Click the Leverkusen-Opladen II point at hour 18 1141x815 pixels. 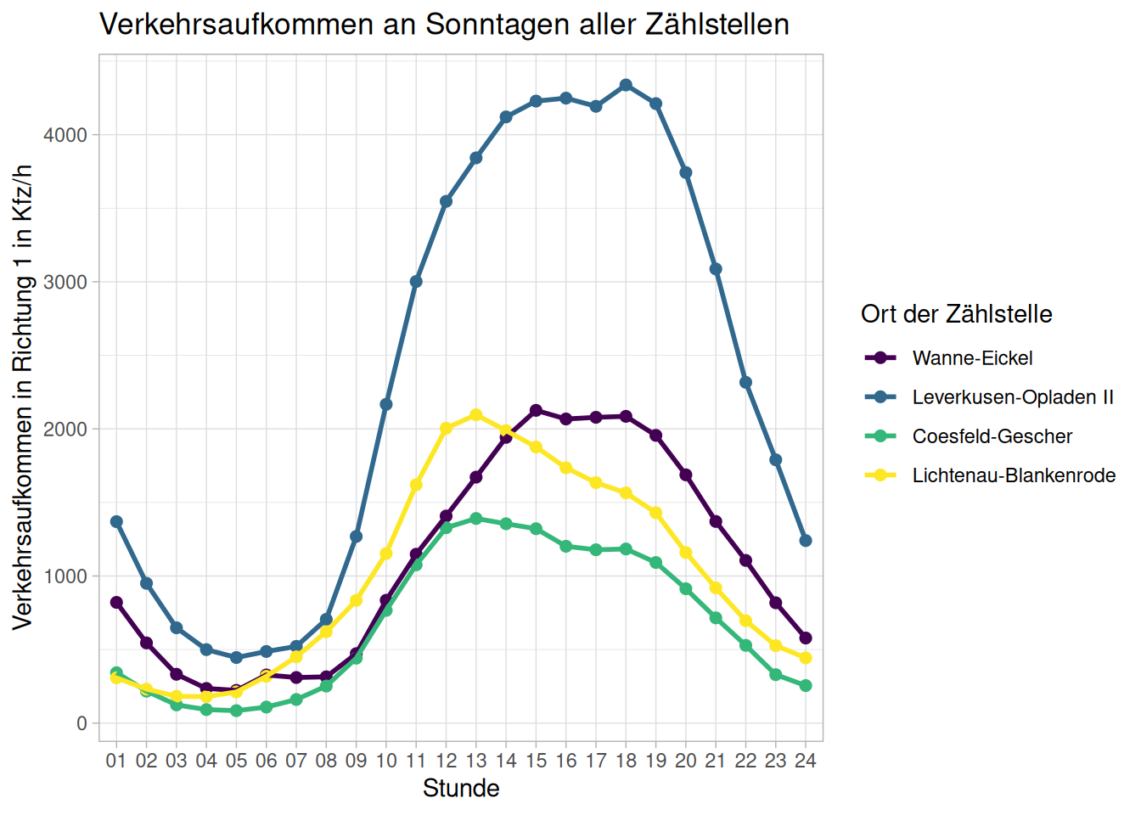pyautogui.click(x=626, y=85)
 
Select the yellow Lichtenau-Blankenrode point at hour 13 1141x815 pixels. pyautogui.click(x=476, y=415)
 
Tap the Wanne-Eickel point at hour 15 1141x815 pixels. pyautogui.click(x=536, y=411)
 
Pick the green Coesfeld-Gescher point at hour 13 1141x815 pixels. pyautogui.click(x=476, y=519)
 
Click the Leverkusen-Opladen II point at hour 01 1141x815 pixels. pyautogui.click(x=116, y=521)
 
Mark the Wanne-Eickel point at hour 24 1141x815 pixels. pyautogui.click(x=806, y=638)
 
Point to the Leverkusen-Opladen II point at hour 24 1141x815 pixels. pyautogui.click(x=806, y=541)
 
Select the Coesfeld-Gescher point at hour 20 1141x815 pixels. pyautogui.click(x=686, y=589)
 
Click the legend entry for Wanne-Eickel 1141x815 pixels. pyautogui.click(x=972, y=358)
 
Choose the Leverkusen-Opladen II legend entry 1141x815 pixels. pyautogui.click(x=1012, y=397)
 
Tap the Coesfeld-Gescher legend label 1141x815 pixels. pyautogui.click(x=992, y=436)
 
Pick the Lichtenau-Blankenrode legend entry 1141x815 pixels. pyautogui.click(x=1014, y=475)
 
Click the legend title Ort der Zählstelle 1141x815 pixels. pyautogui.click(x=956, y=314)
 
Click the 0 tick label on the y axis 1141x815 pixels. pyautogui.click(x=81, y=723)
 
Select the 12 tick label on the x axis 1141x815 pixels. pyautogui.click(x=446, y=761)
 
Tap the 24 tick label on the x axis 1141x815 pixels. pyautogui.click(x=806, y=761)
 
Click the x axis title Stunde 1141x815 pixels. pyautogui.click(x=461, y=789)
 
